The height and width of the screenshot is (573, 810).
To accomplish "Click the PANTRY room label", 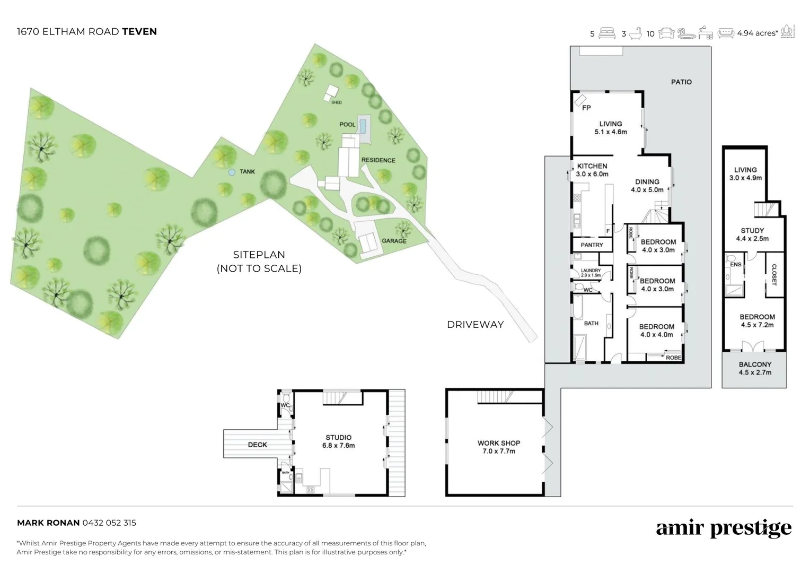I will point(592,245).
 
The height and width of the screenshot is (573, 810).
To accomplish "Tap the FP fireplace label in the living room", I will point(586,108).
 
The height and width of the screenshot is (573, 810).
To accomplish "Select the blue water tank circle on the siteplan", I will point(231,172).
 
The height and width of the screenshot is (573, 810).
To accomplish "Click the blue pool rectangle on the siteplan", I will point(363,126).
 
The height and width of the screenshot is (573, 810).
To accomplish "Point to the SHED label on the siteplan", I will point(336,102).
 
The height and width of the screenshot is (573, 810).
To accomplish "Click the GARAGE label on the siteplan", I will point(394,241).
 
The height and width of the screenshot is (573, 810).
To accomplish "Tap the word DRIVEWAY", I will point(475,325).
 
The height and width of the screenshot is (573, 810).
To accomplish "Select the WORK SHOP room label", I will point(498,447).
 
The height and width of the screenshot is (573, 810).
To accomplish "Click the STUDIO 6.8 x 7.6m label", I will point(338,441).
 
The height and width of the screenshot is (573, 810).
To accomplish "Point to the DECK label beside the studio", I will point(257,445).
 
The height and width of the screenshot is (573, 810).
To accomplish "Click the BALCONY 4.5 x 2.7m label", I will point(755,368).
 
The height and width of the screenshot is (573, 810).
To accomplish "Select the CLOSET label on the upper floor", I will point(773,275).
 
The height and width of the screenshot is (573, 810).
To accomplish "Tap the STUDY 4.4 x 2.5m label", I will point(752,235).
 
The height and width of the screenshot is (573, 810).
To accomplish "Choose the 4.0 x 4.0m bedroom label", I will point(656,331).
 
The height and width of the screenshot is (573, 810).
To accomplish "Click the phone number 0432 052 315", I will point(109,523).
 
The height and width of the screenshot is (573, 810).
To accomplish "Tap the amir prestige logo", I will point(724,528).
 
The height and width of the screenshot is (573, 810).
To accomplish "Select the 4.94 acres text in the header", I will point(757,33).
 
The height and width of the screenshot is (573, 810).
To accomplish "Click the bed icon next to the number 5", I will point(607,33).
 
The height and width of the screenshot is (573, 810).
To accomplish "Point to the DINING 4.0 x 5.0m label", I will point(647,185).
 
